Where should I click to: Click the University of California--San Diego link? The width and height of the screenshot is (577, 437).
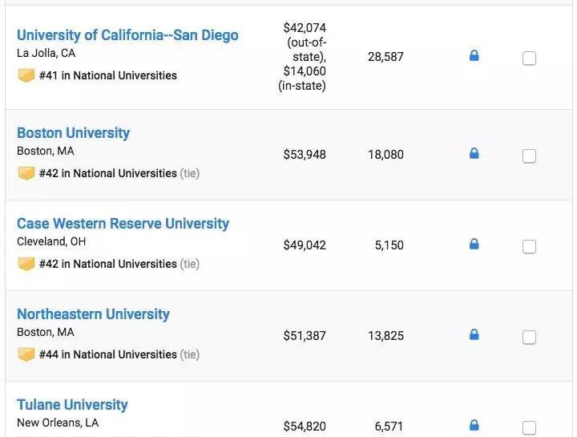pyautogui.click(x=127, y=35)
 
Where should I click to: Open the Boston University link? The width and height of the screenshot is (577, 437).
pyautogui.click(x=73, y=133)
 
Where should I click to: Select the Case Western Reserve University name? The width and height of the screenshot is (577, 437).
pyautogui.click(x=123, y=224)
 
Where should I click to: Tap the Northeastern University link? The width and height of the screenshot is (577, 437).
pyautogui.click(x=93, y=314)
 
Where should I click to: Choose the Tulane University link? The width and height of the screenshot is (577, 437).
pyautogui.click(x=72, y=405)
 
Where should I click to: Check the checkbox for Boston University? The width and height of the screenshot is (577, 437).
pyautogui.click(x=529, y=156)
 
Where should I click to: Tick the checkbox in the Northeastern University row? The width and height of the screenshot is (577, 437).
pyautogui.click(x=529, y=337)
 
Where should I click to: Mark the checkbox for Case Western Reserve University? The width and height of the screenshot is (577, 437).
pyautogui.click(x=529, y=246)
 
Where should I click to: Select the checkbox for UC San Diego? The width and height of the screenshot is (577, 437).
pyautogui.click(x=529, y=58)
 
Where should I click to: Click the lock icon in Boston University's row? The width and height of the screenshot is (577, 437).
pyautogui.click(x=474, y=153)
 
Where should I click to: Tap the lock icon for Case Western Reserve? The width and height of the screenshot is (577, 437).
pyautogui.click(x=474, y=244)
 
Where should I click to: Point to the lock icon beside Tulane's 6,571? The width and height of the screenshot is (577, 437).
pyautogui.click(x=474, y=425)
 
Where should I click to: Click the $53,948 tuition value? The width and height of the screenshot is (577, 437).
pyautogui.click(x=305, y=155)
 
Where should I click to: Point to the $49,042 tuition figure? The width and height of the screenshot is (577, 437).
pyautogui.click(x=305, y=245)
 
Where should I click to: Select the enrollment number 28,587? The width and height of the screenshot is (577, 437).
pyautogui.click(x=385, y=57)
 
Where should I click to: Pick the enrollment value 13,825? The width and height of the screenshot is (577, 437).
pyautogui.click(x=385, y=336)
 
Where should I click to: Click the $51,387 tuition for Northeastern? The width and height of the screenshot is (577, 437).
pyautogui.click(x=305, y=336)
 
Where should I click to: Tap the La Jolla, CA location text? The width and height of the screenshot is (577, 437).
pyautogui.click(x=46, y=54)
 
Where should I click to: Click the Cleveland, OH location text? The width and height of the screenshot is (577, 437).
pyautogui.click(x=51, y=241)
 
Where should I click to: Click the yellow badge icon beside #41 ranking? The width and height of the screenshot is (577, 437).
pyautogui.click(x=26, y=75)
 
